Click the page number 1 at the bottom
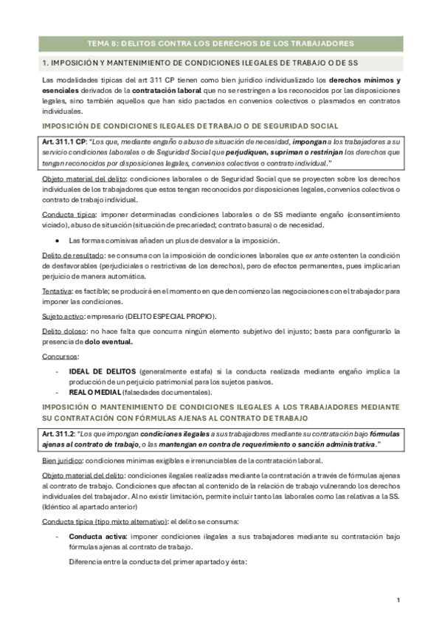(398, 600)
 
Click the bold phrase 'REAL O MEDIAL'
(96, 393)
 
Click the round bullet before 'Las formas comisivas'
(57, 241)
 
